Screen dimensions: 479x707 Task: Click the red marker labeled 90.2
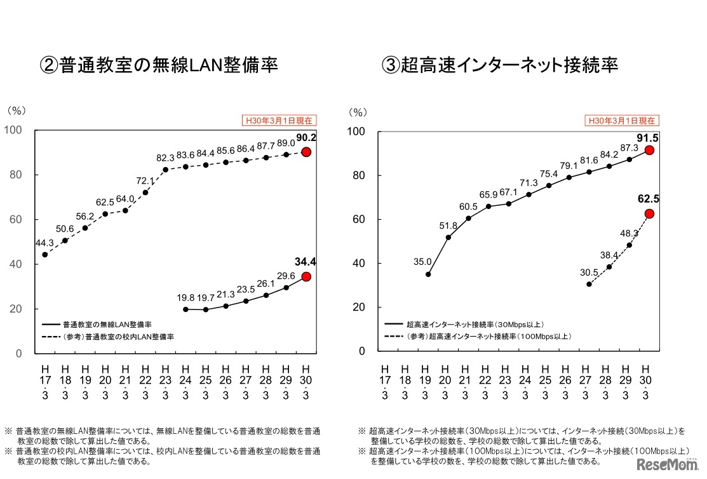306,152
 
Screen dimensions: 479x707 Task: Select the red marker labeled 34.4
306,276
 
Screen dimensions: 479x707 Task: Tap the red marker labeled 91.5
649,151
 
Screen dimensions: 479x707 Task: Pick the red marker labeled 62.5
649,213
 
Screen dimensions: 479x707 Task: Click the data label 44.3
45,241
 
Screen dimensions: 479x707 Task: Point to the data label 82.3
166,157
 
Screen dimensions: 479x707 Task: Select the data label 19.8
185,297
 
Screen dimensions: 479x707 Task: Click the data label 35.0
422,261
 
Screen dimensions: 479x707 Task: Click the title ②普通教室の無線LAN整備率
159,65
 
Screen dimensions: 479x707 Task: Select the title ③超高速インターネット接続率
500,65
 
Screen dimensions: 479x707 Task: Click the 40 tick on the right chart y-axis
360,263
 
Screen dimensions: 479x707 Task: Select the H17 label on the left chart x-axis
45,381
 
